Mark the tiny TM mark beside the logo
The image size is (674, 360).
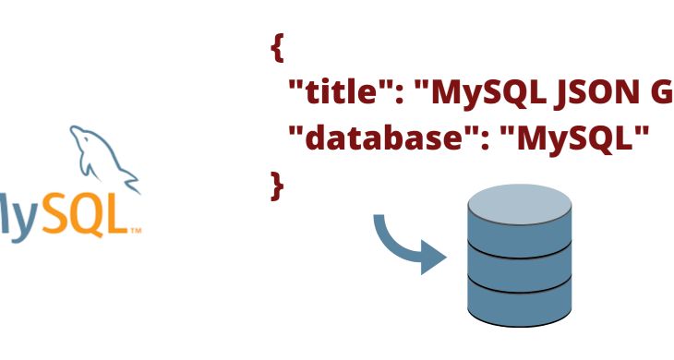pyautogui.click(x=135, y=229)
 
